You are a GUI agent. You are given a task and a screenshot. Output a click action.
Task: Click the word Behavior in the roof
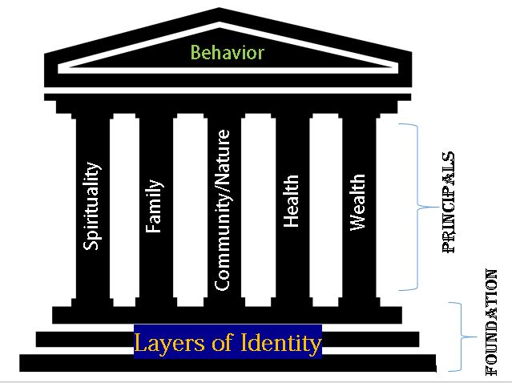227,54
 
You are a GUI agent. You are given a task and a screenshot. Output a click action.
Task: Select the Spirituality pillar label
93,206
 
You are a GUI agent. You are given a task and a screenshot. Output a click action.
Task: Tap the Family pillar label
154,206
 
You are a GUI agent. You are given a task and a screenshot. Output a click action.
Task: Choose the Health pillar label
292,200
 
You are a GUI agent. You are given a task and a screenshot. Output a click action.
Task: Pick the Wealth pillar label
358,203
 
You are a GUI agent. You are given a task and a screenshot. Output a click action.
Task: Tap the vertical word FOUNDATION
493,322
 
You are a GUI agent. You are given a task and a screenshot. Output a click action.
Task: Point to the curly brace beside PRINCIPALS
417,207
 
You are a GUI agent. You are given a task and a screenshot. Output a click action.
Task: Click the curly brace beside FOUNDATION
458,337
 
